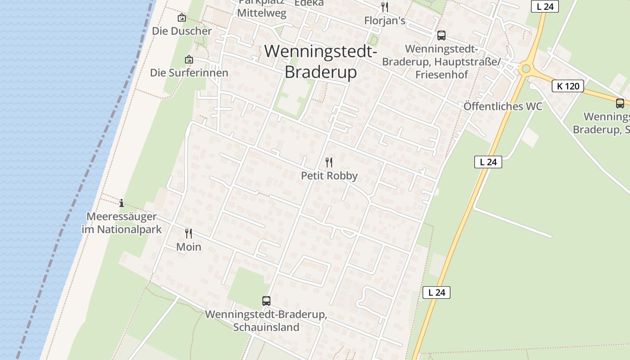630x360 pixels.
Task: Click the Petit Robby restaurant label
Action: coord(329,176)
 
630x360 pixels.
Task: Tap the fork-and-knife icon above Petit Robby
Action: coord(329,162)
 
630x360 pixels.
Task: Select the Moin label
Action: coord(189,247)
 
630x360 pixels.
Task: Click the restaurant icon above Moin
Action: coord(189,233)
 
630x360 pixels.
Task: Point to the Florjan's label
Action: coord(385,21)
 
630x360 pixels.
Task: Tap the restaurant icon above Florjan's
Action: coord(385,7)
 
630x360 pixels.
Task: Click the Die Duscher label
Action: coord(182,31)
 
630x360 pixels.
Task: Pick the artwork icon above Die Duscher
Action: coord(182,18)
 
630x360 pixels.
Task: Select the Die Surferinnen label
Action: coord(189,73)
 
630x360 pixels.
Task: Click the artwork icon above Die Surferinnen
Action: coord(189,59)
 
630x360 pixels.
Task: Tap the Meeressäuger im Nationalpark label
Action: coord(121,223)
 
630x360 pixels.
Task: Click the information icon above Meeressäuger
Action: coord(121,203)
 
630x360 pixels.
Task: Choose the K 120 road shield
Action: coord(567,86)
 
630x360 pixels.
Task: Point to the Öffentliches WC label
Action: coord(503,107)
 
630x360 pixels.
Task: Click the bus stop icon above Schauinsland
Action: coord(266,301)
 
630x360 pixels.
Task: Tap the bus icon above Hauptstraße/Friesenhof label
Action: coord(441,35)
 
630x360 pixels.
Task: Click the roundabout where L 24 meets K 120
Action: coord(525,69)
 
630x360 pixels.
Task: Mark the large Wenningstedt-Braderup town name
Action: coord(321,62)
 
